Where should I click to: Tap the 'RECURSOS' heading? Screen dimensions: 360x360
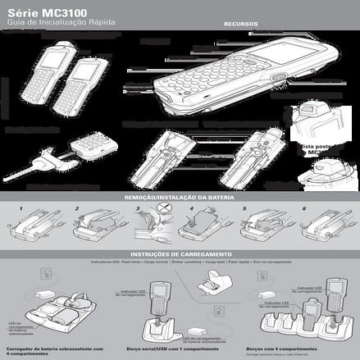(240, 25)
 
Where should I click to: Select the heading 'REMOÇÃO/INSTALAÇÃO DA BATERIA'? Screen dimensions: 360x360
(179, 198)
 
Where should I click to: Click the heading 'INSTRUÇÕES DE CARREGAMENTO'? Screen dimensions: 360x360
(180, 254)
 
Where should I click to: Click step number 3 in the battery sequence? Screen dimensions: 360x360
(137, 209)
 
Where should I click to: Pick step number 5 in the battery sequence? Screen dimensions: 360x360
(244, 209)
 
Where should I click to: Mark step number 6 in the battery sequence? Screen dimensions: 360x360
(303, 209)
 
